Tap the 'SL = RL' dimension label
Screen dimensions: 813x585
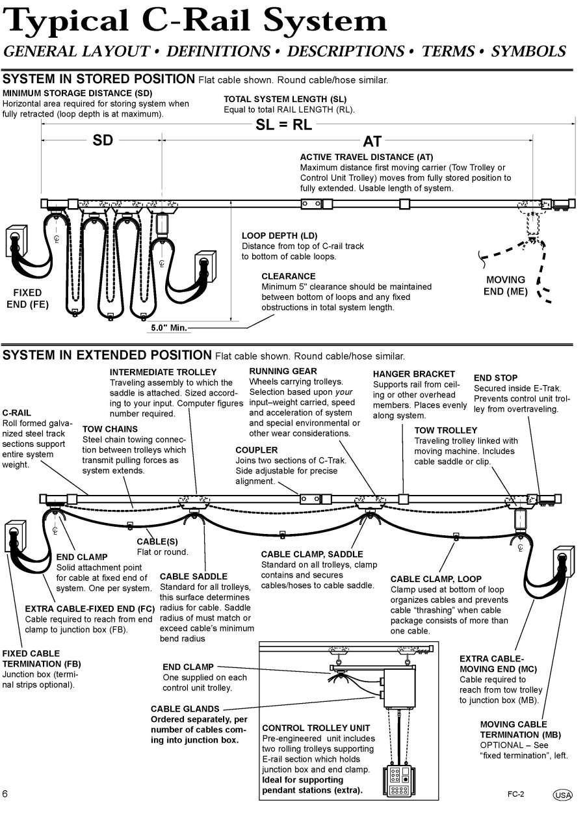(x=283, y=125)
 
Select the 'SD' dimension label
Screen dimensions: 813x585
(x=103, y=140)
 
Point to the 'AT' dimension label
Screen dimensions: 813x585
(x=372, y=141)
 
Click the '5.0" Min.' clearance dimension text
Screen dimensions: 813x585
(x=168, y=328)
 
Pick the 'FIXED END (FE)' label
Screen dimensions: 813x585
(x=27, y=299)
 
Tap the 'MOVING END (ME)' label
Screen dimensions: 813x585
(x=505, y=286)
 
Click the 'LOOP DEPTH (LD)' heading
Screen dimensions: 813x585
(x=279, y=235)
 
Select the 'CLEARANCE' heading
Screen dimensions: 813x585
(x=288, y=276)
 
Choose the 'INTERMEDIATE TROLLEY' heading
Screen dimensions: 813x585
(x=162, y=372)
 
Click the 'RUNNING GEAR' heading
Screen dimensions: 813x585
(x=283, y=371)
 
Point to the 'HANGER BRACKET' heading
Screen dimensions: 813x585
(x=413, y=374)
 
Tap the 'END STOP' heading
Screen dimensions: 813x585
(x=495, y=377)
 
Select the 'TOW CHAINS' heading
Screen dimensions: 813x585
(x=110, y=429)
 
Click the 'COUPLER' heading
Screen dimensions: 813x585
(x=256, y=449)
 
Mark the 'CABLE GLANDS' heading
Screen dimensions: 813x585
(x=185, y=709)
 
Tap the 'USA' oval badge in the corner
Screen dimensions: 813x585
(x=562, y=795)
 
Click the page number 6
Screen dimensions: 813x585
(x=5, y=793)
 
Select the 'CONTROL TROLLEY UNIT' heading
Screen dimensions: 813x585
(x=315, y=728)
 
